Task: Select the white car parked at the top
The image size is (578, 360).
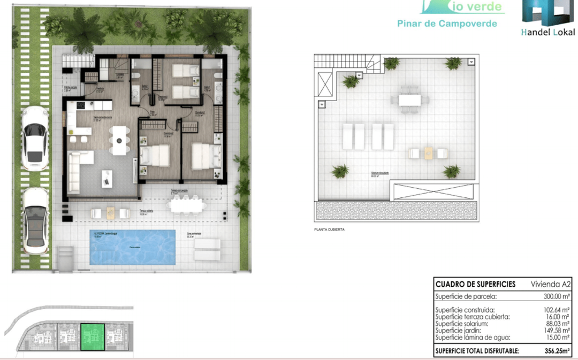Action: pyautogui.click(x=34, y=137)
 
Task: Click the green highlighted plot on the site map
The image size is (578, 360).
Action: pyautogui.click(x=93, y=337)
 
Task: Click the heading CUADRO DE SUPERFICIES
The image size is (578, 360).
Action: pyautogui.click(x=475, y=284)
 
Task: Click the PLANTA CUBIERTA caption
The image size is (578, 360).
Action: pyautogui.click(x=329, y=229)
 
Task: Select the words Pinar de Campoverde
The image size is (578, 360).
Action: pyautogui.click(x=447, y=24)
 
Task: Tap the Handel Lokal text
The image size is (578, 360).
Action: pyautogui.click(x=547, y=32)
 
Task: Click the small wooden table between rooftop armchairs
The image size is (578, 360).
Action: pyautogui.click(x=428, y=153)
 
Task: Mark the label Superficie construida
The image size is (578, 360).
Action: pyautogui.click(x=465, y=310)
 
